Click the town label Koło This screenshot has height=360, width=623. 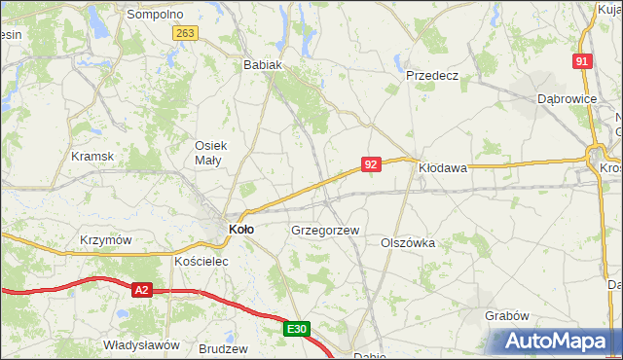(x=241, y=230)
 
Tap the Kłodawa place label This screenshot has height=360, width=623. (x=443, y=167)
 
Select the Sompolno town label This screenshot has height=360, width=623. (x=156, y=15)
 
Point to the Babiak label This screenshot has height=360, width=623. (x=262, y=65)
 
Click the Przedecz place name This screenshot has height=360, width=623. (x=432, y=75)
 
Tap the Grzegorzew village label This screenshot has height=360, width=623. (x=325, y=231)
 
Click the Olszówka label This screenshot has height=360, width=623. (x=407, y=242)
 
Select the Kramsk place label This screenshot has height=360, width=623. (x=93, y=156)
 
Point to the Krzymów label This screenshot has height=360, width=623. (x=106, y=240)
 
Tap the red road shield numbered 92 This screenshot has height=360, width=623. (x=370, y=164)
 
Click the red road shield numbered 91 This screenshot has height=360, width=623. (x=582, y=61)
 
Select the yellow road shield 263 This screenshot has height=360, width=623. (x=186, y=33)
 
